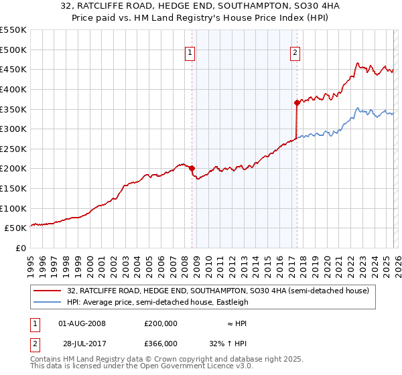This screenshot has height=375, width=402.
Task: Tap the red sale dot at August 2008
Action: pyautogui.click(x=192, y=169)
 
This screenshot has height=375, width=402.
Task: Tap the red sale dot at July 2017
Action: pyautogui.click(x=297, y=102)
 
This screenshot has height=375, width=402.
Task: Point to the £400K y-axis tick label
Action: pyautogui.click(x=13, y=89)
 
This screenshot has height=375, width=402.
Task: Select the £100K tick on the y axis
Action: pyautogui.click(x=13, y=208)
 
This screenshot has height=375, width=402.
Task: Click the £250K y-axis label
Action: pyautogui.click(x=13, y=149)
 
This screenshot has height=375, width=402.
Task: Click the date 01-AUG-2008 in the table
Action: pyautogui.click(x=82, y=323)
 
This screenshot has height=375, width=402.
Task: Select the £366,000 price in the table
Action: pyautogui.click(x=160, y=343)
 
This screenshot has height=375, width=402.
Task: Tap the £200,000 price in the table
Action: pyautogui.click(x=160, y=323)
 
